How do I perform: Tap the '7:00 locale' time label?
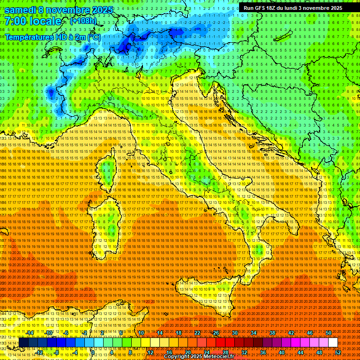pos(33,22)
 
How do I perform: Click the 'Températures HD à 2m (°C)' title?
pos(53,37)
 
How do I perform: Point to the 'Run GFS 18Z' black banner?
pos(292,8)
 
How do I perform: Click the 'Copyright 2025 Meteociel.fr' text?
pos(202,357)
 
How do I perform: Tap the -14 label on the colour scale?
pos(30,333)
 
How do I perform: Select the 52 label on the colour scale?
pos(338,352)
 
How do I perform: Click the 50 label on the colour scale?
pos(329,333)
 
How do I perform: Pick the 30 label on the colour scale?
pos(235,333)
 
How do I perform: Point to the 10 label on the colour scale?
pos(141,333)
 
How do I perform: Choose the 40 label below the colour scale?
pos(282,352)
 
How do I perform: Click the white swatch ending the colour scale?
pos(333,342)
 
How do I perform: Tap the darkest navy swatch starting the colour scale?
pos(23,342)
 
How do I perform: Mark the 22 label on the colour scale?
pos(197,333)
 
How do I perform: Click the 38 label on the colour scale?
pos(272,333)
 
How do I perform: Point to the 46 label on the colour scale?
pos(310,333)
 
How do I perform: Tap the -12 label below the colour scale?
pos(40,352)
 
